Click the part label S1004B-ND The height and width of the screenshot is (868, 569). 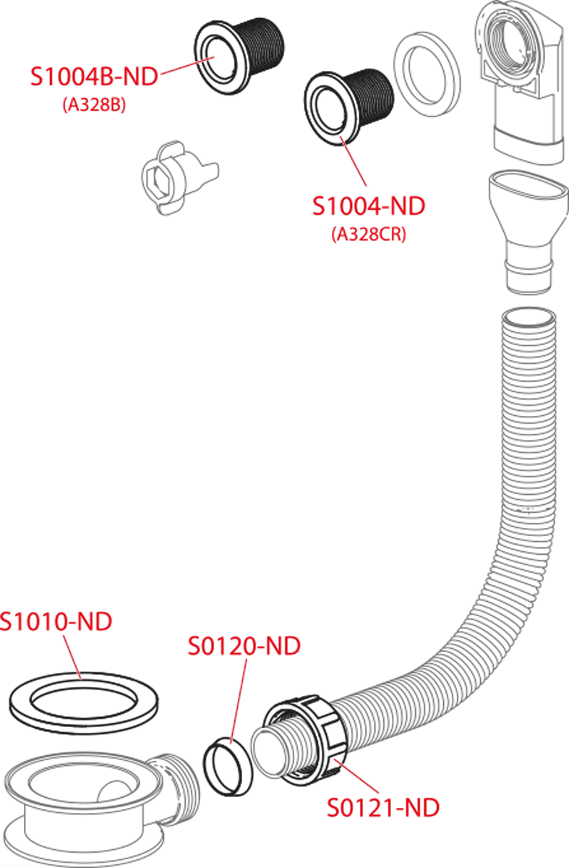pyautogui.click(x=94, y=77)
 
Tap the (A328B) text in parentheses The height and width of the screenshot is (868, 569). pyautogui.click(x=95, y=105)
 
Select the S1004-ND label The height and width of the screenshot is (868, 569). pyautogui.click(x=369, y=206)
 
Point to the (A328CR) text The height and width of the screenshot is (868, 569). pyautogui.click(x=369, y=234)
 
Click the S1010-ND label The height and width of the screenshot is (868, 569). pyautogui.click(x=56, y=621)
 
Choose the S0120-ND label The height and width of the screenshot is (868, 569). pyautogui.click(x=244, y=645)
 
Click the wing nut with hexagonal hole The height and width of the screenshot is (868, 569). pyautogui.click(x=179, y=178)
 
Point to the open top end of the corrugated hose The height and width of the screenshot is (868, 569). pyautogui.click(x=529, y=316)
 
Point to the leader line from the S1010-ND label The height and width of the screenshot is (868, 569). pyautogui.click(x=72, y=658)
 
